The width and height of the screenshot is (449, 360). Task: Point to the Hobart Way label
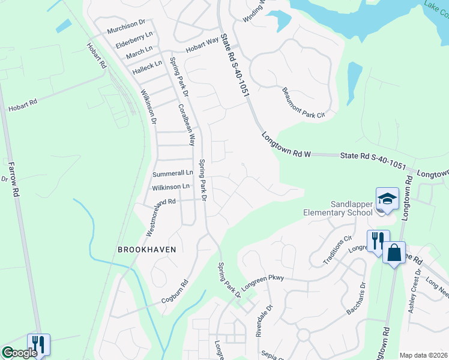click(x=202, y=47)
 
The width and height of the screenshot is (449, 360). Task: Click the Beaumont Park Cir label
click(x=303, y=103)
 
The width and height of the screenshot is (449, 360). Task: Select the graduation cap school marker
click(x=387, y=199)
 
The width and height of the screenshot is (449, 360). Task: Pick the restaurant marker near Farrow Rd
click(x=38, y=344)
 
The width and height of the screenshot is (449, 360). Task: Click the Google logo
click(x=20, y=353)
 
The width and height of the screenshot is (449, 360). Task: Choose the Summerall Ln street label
click(x=172, y=173)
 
